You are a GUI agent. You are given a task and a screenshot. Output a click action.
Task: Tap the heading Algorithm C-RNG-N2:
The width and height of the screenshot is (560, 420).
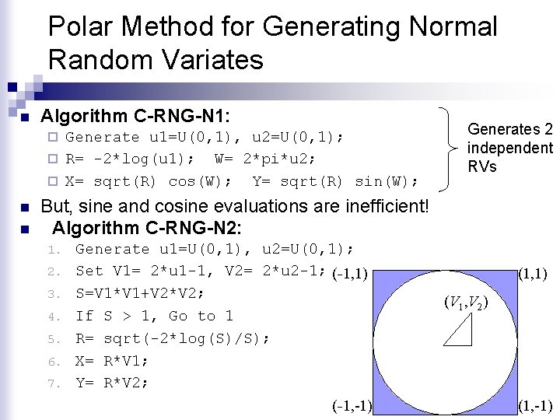(x=146, y=229)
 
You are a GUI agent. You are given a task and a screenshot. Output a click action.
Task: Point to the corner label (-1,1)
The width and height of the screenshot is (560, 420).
(x=349, y=274)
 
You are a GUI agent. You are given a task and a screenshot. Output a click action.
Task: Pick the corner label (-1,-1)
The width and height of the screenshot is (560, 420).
(x=352, y=406)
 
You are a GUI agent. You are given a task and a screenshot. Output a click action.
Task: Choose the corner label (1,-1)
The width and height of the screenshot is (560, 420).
(x=537, y=406)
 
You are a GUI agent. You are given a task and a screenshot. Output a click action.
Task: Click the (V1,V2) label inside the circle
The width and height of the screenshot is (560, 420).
(x=464, y=302)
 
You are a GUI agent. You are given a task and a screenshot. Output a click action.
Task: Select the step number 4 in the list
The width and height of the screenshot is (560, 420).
(x=54, y=317)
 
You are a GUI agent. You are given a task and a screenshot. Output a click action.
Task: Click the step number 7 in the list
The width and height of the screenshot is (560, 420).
(x=54, y=383)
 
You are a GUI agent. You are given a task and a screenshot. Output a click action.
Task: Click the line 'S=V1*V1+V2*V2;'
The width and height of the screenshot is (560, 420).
(x=140, y=293)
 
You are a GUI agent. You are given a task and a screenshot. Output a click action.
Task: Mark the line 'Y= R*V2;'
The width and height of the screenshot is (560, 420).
(x=112, y=383)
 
